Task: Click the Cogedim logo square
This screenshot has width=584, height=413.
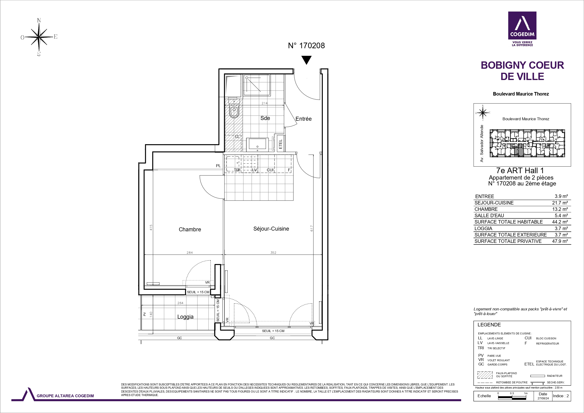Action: point(522,25)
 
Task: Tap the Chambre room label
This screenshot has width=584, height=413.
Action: point(190,229)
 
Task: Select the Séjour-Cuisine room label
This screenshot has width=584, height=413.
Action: point(271,229)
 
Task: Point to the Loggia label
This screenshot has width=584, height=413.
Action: point(185,317)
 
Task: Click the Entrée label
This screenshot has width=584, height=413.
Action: point(304,119)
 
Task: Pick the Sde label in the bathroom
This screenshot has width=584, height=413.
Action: point(265,118)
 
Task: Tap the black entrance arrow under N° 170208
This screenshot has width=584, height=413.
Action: point(307,60)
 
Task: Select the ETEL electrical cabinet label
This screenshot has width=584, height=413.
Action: point(280,144)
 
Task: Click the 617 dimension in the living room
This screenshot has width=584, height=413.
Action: point(312,228)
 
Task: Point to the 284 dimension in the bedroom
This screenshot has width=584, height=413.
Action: point(190,253)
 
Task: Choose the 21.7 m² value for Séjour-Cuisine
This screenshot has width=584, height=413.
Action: point(560,203)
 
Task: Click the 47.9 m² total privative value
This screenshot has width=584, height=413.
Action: point(560,241)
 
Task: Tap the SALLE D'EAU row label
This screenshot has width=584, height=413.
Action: point(489,216)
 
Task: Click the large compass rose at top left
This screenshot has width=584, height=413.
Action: point(39,37)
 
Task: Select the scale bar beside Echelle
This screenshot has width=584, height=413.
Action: point(512,397)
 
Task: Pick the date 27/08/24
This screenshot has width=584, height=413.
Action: point(543,398)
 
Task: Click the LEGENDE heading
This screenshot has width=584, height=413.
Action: point(489,325)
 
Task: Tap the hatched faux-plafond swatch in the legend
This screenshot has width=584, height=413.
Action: point(485,375)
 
